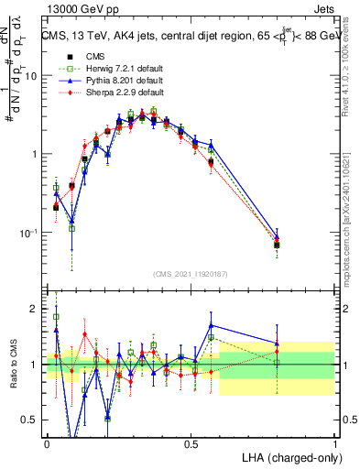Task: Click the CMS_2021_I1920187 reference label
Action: pyautogui.click(x=190, y=274)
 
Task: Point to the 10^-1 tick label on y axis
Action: pyautogui.click(x=28, y=234)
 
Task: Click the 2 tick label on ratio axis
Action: pyautogui.click(x=35, y=310)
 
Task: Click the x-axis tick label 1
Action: pyautogui.click(x=335, y=443)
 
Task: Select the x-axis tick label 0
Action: pyautogui.click(x=47, y=443)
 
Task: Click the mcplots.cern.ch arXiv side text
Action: pyautogui.click(x=352, y=211)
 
